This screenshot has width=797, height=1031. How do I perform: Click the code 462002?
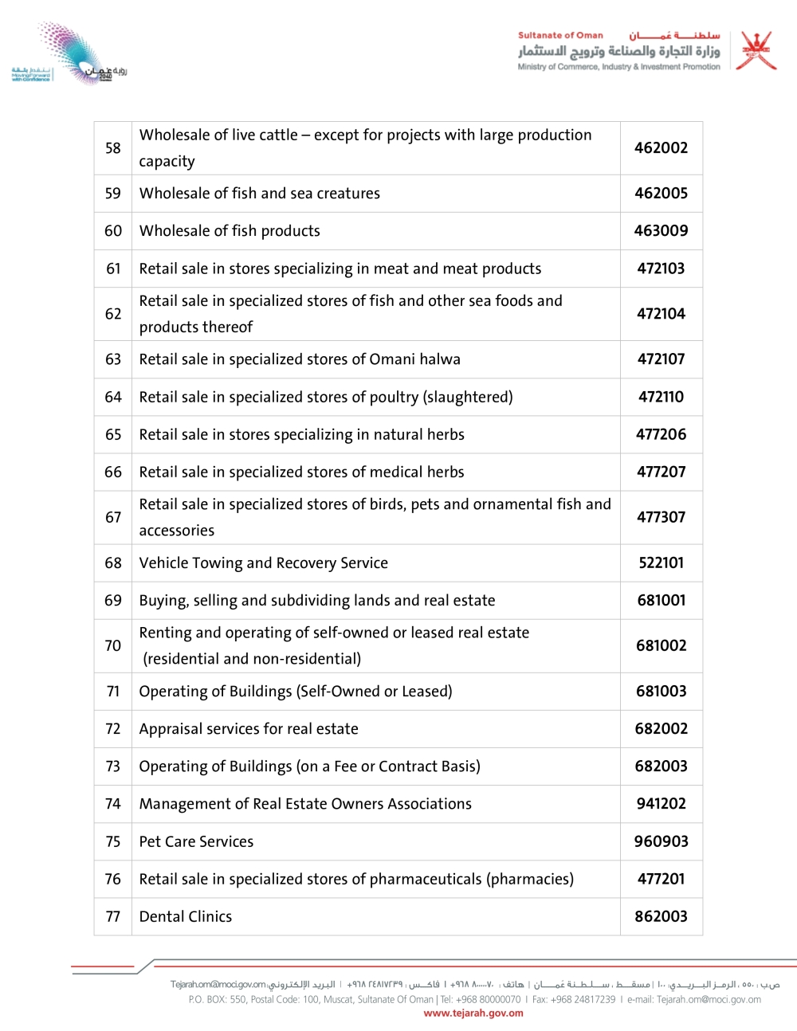[x=661, y=148]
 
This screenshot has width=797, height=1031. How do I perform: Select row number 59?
[x=113, y=194]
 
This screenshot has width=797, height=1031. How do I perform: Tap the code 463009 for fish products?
[x=661, y=231]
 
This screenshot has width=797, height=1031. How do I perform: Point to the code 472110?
[x=661, y=397]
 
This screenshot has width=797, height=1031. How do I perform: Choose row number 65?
[x=113, y=435]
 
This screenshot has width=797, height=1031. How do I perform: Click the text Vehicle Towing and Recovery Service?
[x=263, y=563]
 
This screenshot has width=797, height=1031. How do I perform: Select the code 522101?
[x=661, y=563]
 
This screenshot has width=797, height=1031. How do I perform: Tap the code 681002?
[x=661, y=646]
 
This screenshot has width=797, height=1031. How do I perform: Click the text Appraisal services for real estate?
[x=249, y=729]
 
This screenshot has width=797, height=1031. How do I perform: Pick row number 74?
[x=113, y=804]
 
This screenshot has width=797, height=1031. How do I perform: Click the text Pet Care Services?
[x=196, y=842]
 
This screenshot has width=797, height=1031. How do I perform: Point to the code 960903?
[x=661, y=842]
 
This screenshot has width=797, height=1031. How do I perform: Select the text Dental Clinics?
[x=186, y=917]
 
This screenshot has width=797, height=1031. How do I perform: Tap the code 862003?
[x=661, y=917]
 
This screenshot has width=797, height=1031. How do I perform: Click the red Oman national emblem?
[x=756, y=52]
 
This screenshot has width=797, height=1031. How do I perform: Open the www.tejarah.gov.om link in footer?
[x=473, y=1013]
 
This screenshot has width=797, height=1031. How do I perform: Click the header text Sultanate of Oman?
[x=560, y=36]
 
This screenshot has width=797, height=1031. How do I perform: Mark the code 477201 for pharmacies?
[x=661, y=880]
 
